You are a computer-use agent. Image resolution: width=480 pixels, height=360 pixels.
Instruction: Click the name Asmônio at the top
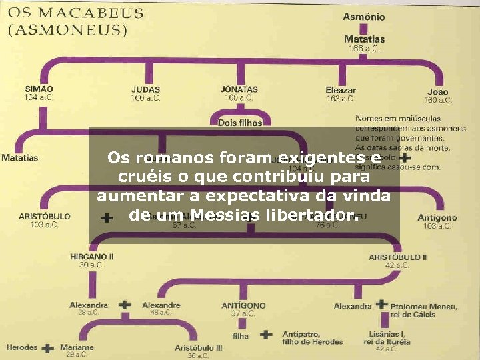coord(363,17)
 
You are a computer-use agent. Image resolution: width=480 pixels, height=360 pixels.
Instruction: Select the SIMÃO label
coord(39,89)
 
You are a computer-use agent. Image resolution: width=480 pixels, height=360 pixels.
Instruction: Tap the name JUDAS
coord(145,89)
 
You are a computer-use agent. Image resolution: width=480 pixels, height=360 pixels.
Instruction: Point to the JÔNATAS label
coord(239,89)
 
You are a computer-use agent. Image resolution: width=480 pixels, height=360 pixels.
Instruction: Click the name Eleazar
coord(341,90)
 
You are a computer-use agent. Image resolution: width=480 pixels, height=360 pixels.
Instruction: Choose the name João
coord(437,92)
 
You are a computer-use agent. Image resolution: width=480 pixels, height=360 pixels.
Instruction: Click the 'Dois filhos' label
coord(240,123)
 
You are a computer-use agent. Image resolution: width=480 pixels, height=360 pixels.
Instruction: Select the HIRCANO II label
coord(92,256)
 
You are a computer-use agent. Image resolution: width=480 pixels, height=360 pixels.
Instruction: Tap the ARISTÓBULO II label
coord(398,257)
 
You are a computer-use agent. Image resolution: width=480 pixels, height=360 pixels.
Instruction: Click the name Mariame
coord(77,347)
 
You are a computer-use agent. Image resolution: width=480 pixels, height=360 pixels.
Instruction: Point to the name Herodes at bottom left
coord(22,347)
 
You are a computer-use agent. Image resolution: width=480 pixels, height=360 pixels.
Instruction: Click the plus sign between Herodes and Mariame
coord(48,348)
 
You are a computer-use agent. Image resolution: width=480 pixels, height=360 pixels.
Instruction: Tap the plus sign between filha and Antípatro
coord(266,335)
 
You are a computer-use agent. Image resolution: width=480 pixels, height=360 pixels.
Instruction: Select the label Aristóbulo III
coord(199,348)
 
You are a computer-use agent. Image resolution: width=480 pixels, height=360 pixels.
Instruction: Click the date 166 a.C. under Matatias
coord(363,48)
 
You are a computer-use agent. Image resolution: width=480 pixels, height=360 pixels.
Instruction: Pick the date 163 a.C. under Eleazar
coord(341,99)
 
